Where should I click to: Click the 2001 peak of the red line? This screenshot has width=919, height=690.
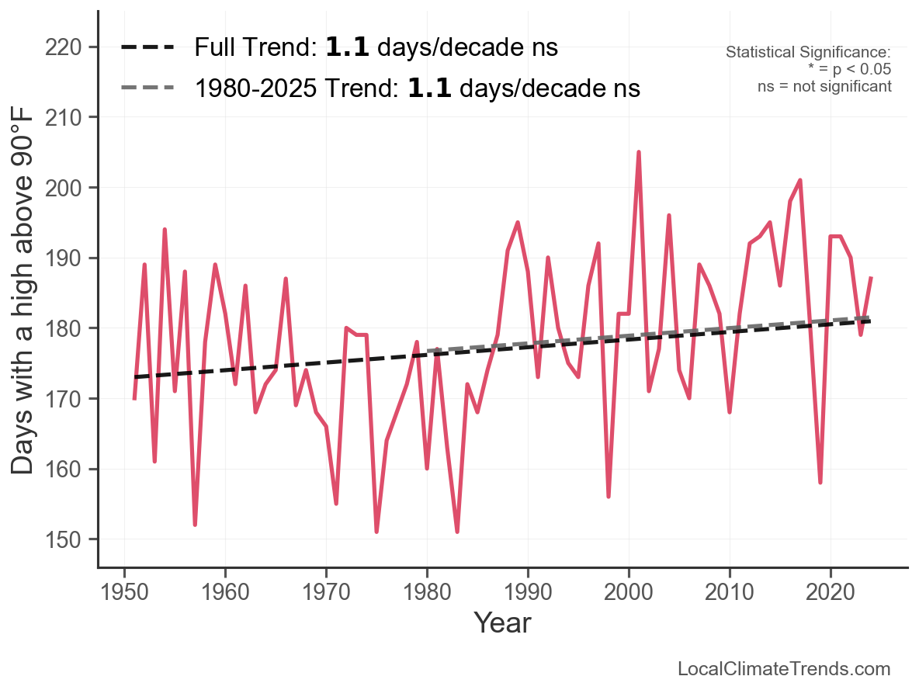(x=639, y=152)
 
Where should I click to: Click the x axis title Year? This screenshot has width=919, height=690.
(x=502, y=622)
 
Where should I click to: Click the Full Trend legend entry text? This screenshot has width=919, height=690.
(x=376, y=47)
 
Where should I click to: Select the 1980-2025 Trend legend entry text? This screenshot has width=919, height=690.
(x=417, y=88)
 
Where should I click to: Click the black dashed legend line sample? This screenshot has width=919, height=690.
(x=147, y=47)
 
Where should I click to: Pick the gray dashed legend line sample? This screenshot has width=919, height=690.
(x=147, y=88)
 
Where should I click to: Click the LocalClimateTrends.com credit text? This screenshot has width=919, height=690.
(x=784, y=669)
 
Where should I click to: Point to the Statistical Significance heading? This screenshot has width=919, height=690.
(x=808, y=52)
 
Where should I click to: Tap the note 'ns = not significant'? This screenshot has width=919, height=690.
(x=824, y=86)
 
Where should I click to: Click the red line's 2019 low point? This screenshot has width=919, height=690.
(x=820, y=482)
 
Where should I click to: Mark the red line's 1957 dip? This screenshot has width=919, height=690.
(x=195, y=525)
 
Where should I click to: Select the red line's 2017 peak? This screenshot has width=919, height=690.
(x=800, y=180)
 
